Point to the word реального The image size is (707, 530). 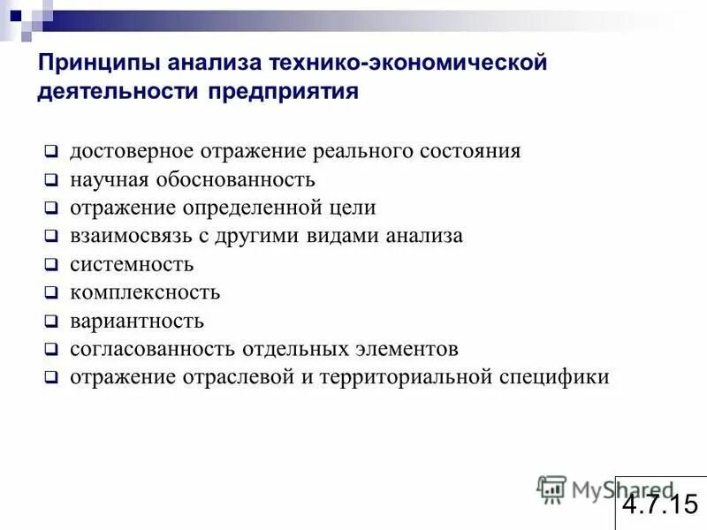359,151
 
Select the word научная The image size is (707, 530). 106,180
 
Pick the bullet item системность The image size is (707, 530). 132,265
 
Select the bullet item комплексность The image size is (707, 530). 145,292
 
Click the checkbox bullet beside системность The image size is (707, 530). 52,265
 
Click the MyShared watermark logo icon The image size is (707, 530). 551,489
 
